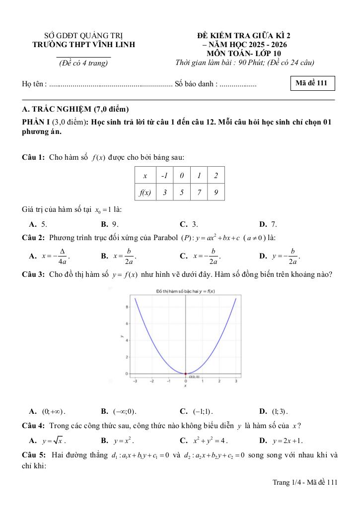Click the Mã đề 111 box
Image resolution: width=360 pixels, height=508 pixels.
311,83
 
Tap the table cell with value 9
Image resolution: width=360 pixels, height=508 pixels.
216,192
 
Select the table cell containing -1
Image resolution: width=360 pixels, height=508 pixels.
164,176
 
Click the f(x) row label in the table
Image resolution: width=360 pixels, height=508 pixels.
144,192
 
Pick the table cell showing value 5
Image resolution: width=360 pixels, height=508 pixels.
181,192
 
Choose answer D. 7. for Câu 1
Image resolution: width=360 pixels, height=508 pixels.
268,224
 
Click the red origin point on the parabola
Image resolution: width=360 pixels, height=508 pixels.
186,374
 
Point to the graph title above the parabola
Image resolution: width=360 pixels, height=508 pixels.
185,291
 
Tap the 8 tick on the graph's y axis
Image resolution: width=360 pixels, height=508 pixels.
127,307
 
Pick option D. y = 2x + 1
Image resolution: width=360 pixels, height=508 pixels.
281,440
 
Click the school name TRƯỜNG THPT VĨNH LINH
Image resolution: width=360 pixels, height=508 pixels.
83,45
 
